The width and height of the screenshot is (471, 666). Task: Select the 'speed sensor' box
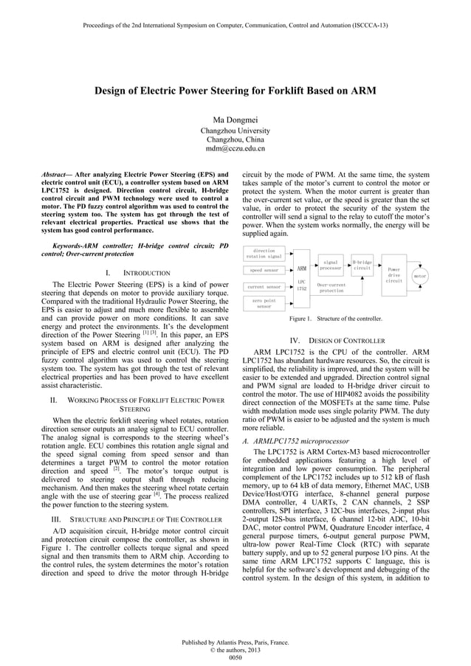[x=264, y=271]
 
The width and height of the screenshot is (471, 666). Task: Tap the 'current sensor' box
[x=264, y=286]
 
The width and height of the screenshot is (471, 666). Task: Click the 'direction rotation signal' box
[x=264, y=254]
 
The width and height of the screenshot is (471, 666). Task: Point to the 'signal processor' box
[x=331, y=265]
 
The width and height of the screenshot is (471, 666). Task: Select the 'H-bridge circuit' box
[x=362, y=265]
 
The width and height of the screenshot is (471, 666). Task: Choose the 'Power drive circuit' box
[x=393, y=274]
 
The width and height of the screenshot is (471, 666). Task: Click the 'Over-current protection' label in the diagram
[x=331, y=288]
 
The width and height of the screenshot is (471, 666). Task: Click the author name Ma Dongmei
[x=235, y=119]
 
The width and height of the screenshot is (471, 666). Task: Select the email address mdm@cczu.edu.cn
[x=235, y=149]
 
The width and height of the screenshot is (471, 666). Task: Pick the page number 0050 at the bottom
[x=235, y=657]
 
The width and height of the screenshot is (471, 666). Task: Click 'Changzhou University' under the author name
[x=235, y=131]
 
